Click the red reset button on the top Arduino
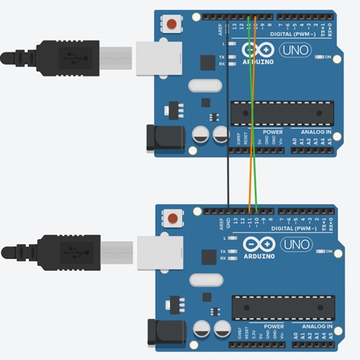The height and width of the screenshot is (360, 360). tap(173, 26)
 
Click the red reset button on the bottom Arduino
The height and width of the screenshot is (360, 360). tap(174, 218)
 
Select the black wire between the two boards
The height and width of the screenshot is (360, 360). tap(228, 130)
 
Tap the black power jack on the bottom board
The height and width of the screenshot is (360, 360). tap(162, 330)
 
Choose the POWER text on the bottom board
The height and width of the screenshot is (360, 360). tap(274, 325)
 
